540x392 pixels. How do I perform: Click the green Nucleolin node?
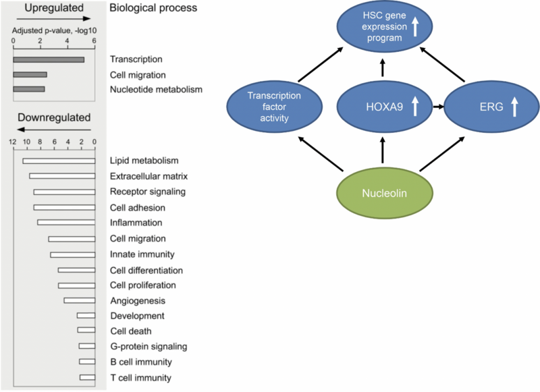coord(382,194)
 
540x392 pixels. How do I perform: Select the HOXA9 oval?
coord(382,107)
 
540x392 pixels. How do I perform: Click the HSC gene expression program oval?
coord(382,28)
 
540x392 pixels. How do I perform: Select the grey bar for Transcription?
coord(49,60)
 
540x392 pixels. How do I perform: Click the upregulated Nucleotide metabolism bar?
coord(29,89)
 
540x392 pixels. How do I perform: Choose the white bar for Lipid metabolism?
coord(59,161)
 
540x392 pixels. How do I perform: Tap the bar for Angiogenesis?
coord(79,300)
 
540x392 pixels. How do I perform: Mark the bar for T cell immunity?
coord(87,378)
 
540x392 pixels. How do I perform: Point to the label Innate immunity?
coord(142,254)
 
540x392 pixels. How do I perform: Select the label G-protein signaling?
coord(148,347)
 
